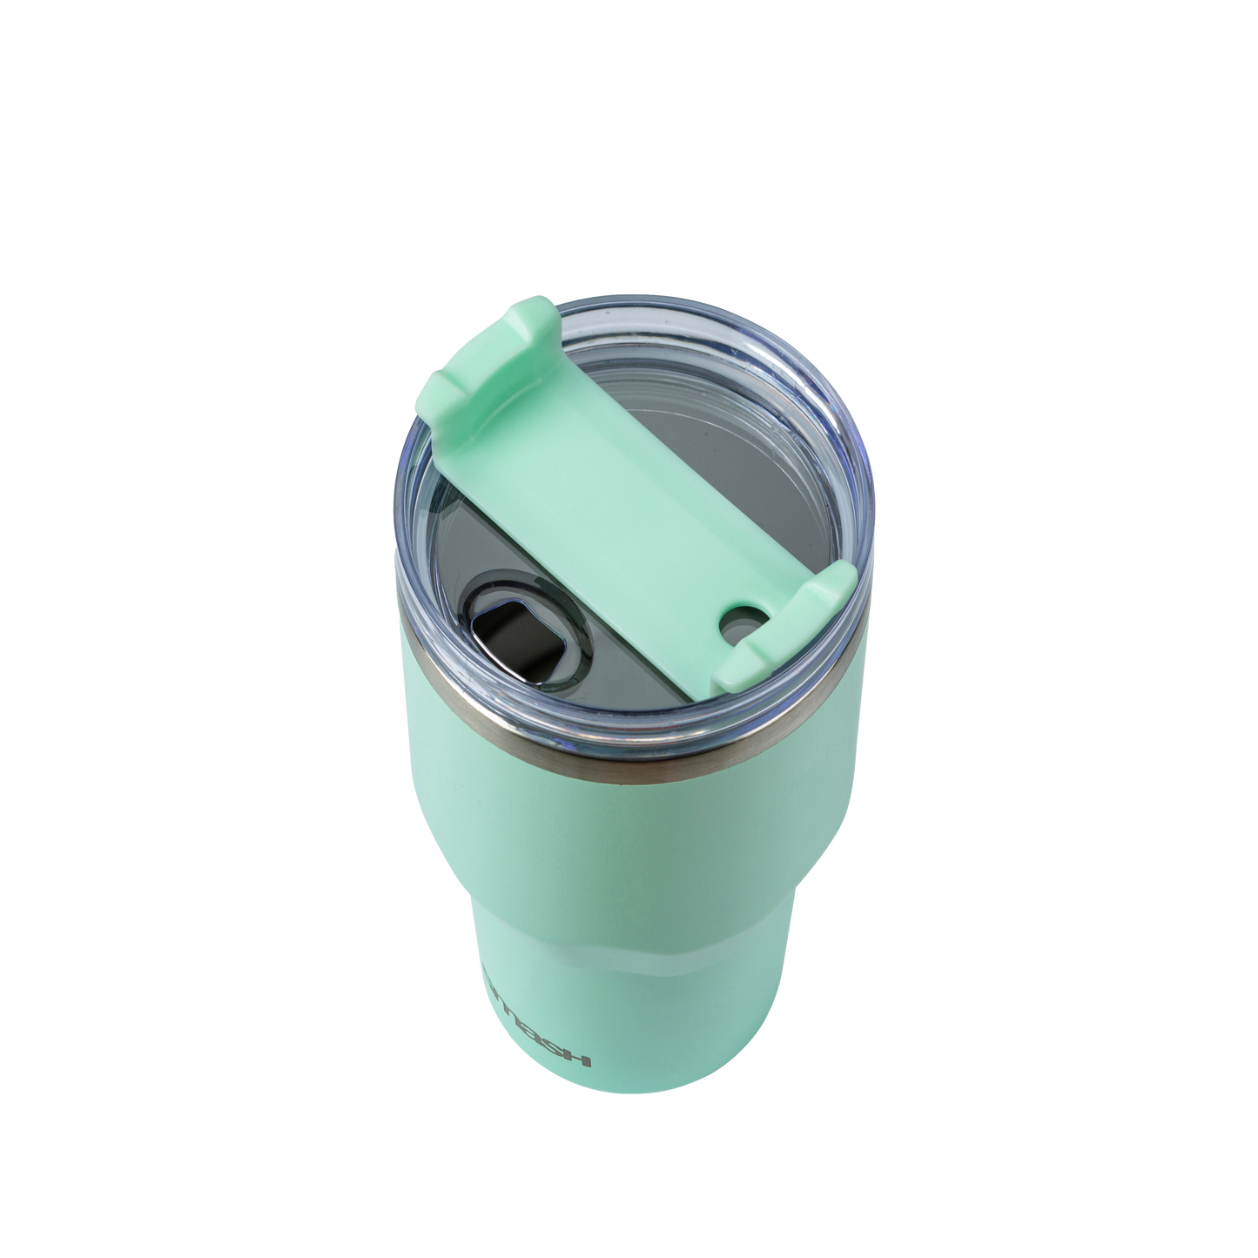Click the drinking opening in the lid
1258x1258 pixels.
(499, 629)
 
